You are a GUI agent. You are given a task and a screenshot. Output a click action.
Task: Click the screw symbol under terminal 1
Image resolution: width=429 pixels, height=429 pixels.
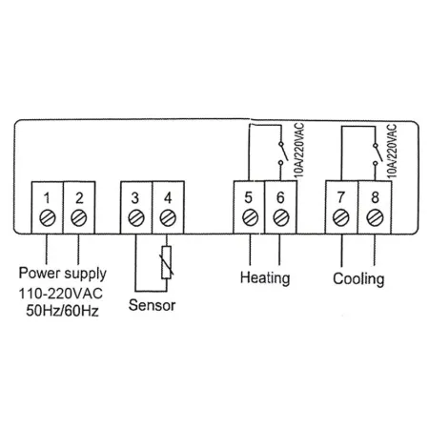point(48,217)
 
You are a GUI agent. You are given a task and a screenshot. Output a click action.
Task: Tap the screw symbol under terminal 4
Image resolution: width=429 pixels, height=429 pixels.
point(168,217)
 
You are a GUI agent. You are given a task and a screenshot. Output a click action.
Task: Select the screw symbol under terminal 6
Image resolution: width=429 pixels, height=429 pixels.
point(280,217)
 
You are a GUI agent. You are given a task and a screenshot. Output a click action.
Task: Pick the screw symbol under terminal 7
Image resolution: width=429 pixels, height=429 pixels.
point(341,217)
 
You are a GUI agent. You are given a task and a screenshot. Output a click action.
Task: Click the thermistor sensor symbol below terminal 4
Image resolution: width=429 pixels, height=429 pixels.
point(168,264)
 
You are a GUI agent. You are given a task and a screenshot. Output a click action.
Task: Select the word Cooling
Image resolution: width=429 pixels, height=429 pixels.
point(358,279)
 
